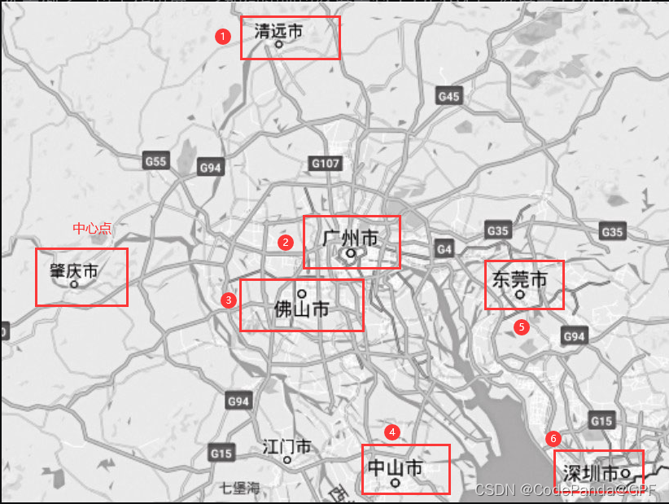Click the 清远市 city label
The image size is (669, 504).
tap(278, 32)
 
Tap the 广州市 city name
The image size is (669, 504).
tap(351, 239)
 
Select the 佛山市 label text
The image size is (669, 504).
tap(301, 309)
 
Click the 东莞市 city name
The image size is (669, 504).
tap(519, 280)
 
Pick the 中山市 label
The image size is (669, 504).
tap(396, 468)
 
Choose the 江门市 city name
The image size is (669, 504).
tap(286, 447)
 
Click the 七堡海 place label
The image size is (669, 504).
tap(240, 489)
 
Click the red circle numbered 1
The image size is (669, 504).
tap(222, 37)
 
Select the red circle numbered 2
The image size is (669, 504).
tap(285, 242)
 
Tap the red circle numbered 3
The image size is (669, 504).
tap(229, 300)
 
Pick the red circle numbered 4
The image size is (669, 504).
tap(393, 432)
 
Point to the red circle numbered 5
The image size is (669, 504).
tap(522, 327)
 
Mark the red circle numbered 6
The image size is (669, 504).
tap(553, 439)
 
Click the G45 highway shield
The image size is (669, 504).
tap(448, 96)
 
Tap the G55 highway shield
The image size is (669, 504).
tap(155, 161)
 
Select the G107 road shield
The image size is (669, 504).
tap(325, 164)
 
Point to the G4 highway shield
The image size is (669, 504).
tap(444, 248)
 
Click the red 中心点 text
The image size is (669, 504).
tap(92, 229)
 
